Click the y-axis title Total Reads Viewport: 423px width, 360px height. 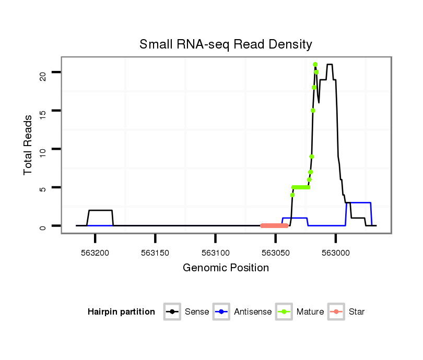pyautogui.click(x=28, y=145)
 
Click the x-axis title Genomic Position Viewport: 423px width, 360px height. pyautogui.click(x=226, y=268)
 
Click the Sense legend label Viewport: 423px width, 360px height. pyautogui.click(x=197, y=312)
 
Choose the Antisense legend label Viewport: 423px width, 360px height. pyautogui.click(x=253, y=312)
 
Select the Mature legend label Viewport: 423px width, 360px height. pyautogui.click(x=310, y=312)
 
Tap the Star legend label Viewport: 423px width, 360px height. pyautogui.click(x=356, y=312)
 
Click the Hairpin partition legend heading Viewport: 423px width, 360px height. pyautogui.click(x=121, y=312)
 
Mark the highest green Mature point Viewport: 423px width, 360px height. pyautogui.click(x=315, y=65)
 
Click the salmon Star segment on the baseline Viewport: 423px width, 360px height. pyautogui.click(x=274, y=226)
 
